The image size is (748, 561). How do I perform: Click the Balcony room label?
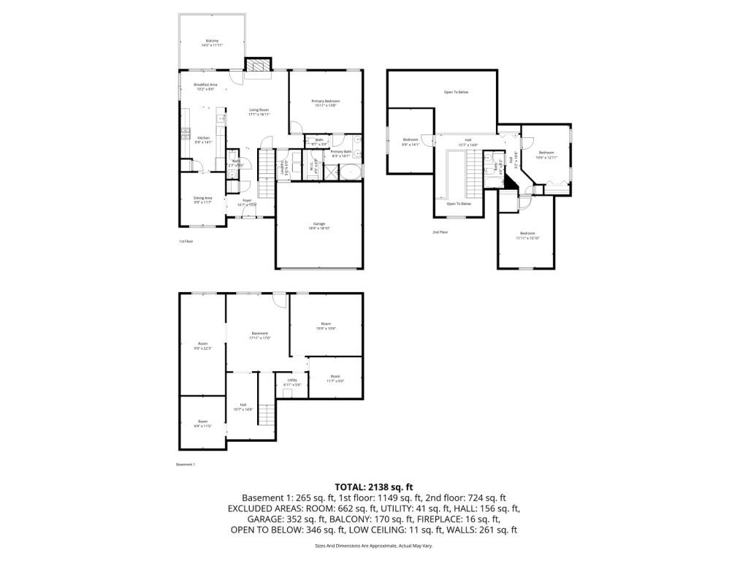212,42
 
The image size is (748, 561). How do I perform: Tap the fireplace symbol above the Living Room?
256,67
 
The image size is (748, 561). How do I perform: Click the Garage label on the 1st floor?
318,226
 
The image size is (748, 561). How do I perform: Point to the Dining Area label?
202,199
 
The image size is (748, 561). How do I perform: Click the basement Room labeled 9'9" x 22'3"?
202,346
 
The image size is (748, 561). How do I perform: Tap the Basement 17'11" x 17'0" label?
259,335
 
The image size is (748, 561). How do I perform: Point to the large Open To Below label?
456,92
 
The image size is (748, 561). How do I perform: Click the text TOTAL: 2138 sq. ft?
374,486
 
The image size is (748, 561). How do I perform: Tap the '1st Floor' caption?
186,241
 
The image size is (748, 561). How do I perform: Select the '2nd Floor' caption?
440,232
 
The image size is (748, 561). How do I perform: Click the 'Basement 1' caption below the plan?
186,464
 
